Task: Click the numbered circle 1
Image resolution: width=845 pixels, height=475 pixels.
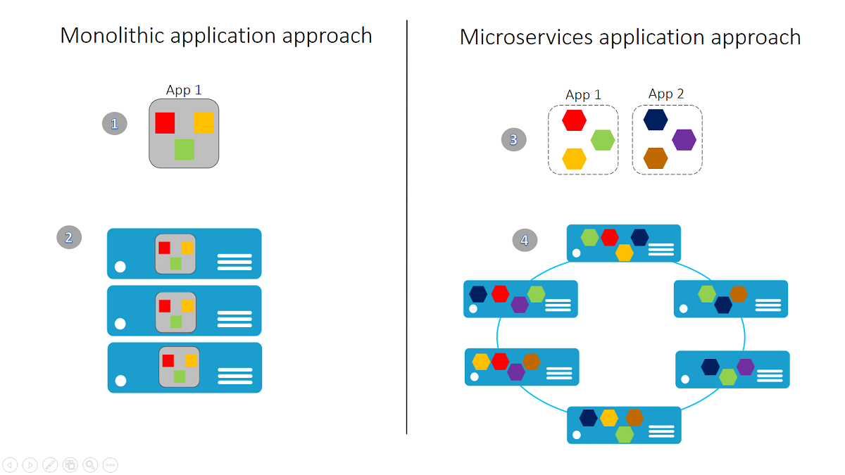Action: tap(115, 124)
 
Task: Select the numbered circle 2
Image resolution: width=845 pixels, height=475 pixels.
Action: tap(69, 237)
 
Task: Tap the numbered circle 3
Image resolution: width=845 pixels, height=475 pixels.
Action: tap(513, 139)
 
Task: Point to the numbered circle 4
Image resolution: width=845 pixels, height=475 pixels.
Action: tap(525, 240)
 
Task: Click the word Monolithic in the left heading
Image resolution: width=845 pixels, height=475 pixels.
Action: tap(112, 35)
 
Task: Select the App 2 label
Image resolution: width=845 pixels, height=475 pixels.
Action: tap(666, 94)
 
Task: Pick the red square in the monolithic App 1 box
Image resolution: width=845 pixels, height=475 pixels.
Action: tap(165, 122)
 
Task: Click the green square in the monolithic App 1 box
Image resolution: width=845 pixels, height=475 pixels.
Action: tap(184, 149)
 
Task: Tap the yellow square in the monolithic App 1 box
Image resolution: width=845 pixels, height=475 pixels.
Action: tap(204, 122)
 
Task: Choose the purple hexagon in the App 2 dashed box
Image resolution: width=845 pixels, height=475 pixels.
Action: tap(684, 140)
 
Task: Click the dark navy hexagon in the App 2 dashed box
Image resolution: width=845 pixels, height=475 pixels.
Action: tap(656, 120)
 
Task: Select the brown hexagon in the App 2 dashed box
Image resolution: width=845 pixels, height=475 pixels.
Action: tap(656, 158)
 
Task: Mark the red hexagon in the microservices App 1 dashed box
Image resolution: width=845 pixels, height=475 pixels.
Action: tap(574, 120)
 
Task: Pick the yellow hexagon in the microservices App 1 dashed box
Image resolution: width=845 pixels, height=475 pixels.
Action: tap(574, 158)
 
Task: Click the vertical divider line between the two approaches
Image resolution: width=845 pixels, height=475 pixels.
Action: tap(407, 225)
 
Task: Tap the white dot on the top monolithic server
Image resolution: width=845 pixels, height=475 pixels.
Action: tap(120, 267)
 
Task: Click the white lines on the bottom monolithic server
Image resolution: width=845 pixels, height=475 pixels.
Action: tap(235, 376)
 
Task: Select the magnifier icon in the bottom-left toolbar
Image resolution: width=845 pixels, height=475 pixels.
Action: tap(90, 464)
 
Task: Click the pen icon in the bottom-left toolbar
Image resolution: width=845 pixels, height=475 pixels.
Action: tap(50, 464)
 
